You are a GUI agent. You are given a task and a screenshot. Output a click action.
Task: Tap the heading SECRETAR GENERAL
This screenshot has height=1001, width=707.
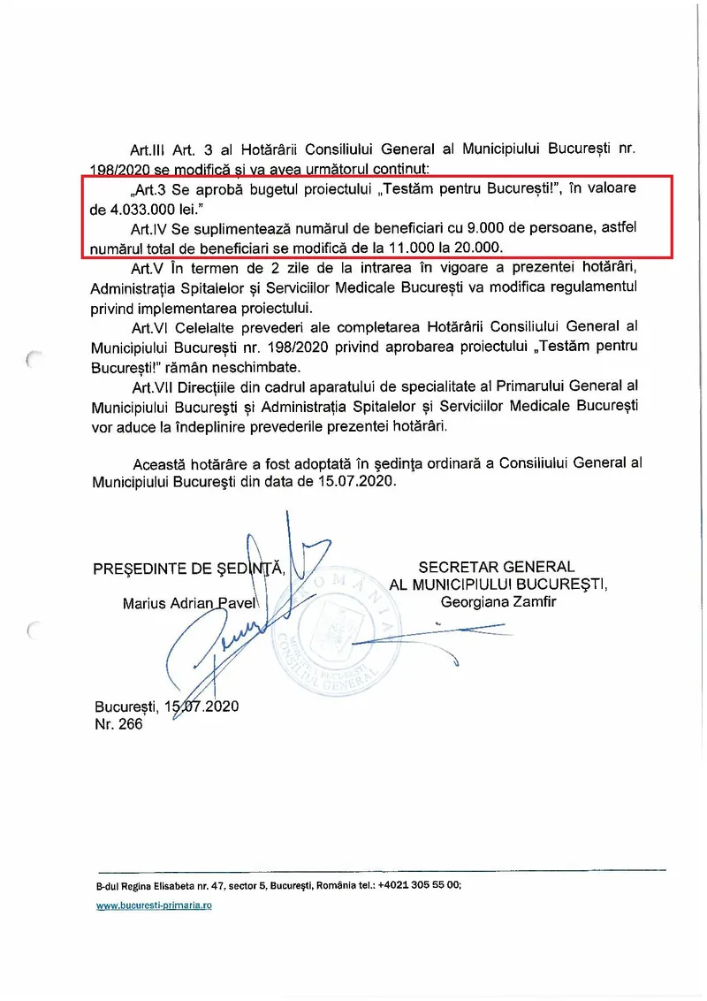496,567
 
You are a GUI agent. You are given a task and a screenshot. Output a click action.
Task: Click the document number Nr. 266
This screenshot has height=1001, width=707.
118,723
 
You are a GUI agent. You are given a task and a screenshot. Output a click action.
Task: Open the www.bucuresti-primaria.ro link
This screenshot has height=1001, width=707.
154,906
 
